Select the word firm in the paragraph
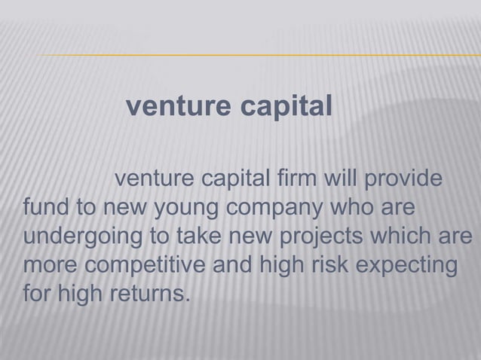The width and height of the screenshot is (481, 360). (x=301, y=182)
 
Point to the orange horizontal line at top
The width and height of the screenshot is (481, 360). (x=256, y=56)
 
